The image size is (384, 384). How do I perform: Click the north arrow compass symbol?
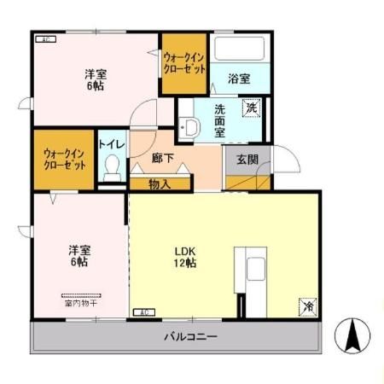[352, 335]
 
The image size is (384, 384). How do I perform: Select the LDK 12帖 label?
[187, 258]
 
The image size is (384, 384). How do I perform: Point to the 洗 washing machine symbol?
[251, 108]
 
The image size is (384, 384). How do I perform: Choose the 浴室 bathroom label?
[239, 79]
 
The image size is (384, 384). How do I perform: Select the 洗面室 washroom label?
[219, 120]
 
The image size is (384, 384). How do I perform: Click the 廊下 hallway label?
[163, 159]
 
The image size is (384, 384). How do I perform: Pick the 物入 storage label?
[160, 183]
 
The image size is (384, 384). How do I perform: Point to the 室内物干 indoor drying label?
[79, 302]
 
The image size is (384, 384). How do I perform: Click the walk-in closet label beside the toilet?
[65, 159]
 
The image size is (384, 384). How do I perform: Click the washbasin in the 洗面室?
[191, 127]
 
